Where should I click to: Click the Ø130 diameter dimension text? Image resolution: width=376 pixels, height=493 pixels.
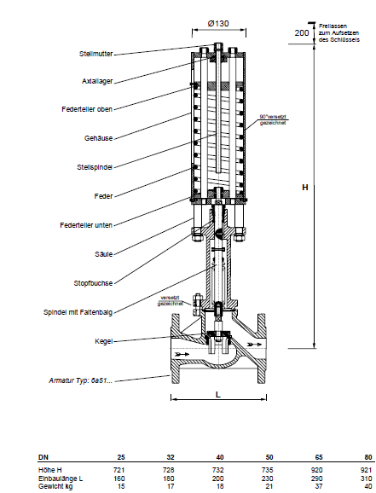click(x=218, y=24)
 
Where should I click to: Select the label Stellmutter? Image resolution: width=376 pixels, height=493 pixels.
click(x=95, y=54)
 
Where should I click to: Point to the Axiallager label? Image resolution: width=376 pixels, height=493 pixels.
click(x=97, y=81)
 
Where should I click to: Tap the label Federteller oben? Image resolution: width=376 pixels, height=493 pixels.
click(x=87, y=109)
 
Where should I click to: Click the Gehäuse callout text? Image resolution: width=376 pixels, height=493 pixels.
click(x=98, y=138)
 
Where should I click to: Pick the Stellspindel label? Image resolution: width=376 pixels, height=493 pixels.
click(x=95, y=167)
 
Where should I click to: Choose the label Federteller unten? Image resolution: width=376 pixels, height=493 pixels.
click(x=86, y=225)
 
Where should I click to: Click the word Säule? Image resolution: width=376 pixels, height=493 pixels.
click(x=104, y=254)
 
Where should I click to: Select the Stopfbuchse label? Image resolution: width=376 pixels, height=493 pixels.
click(x=93, y=283)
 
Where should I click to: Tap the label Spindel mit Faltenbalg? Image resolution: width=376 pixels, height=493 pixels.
click(x=78, y=312)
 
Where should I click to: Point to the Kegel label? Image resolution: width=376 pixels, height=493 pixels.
click(x=104, y=341)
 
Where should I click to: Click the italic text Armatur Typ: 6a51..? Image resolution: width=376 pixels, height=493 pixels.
click(x=80, y=380)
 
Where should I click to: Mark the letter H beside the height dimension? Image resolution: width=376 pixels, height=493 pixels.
click(x=305, y=188)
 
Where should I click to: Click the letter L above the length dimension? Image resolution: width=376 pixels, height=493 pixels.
click(x=218, y=394)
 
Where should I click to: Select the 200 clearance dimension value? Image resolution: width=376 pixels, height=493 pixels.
click(x=302, y=32)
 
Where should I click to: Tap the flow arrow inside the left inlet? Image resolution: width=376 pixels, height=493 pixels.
click(x=182, y=354)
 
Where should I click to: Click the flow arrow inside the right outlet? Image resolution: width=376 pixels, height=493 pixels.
click(x=254, y=345)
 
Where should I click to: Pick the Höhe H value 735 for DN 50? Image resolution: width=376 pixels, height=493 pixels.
click(x=267, y=470)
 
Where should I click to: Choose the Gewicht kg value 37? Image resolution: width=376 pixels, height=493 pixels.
click(x=319, y=487)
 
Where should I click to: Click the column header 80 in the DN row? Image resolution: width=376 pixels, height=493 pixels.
click(x=368, y=457)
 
